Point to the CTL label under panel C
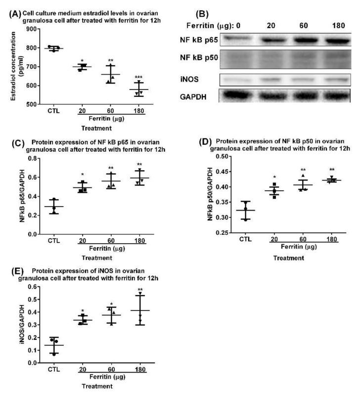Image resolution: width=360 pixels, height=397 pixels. pos(53,242)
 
